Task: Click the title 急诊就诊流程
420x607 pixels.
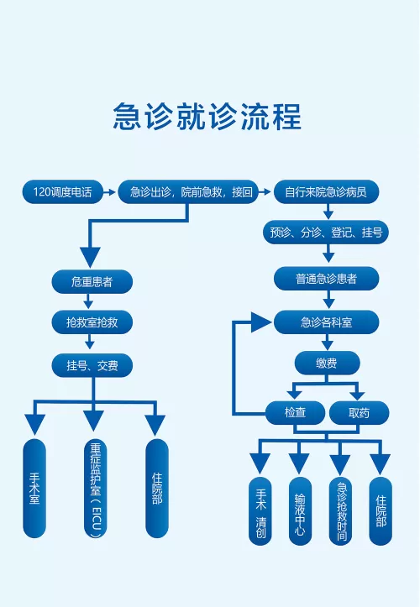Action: (207, 117)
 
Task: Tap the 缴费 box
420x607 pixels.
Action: (327, 363)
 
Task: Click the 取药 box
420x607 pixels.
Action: (359, 412)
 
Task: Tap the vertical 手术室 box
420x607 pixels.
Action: (34, 488)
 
